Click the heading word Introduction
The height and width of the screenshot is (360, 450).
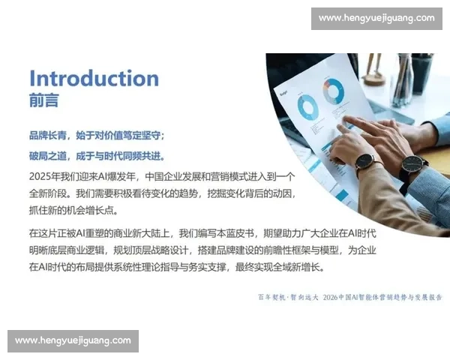pyautogui.click(x=94, y=79)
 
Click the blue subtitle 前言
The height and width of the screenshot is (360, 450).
pyautogui.click(x=43, y=100)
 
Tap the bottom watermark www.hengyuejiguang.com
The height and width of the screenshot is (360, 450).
pyautogui.click(x=73, y=340)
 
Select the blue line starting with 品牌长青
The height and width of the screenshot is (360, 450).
pyautogui.click(x=96, y=136)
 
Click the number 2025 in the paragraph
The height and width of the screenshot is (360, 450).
pyautogui.click(x=40, y=176)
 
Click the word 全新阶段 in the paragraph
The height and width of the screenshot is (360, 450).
pyautogui.click(x=51, y=193)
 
